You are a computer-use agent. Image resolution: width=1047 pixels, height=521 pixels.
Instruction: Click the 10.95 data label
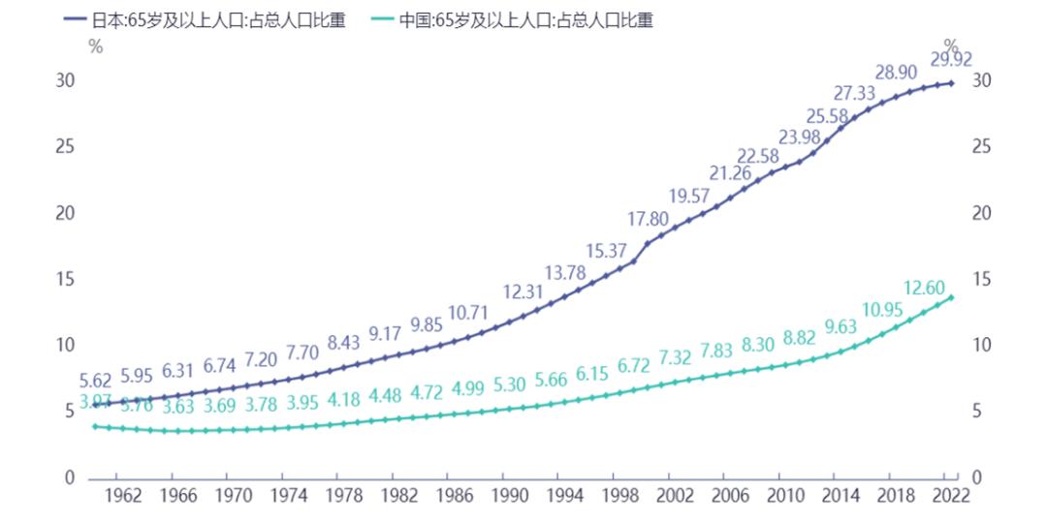(x=883, y=310)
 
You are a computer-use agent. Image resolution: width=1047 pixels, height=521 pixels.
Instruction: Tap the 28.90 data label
(x=896, y=73)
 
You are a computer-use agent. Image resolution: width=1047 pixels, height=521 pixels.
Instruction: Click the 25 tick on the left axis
(x=64, y=146)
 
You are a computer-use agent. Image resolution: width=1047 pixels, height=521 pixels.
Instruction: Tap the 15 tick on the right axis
(x=981, y=279)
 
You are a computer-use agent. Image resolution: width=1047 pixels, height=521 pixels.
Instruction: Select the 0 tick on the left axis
(x=68, y=477)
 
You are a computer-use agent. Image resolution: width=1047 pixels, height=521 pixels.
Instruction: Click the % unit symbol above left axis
(x=95, y=46)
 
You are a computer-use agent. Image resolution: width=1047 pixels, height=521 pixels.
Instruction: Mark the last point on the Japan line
(x=951, y=83)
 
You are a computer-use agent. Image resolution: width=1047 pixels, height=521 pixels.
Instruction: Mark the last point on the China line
(x=951, y=297)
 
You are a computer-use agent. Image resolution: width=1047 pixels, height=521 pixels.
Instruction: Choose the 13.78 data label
(x=565, y=272)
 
